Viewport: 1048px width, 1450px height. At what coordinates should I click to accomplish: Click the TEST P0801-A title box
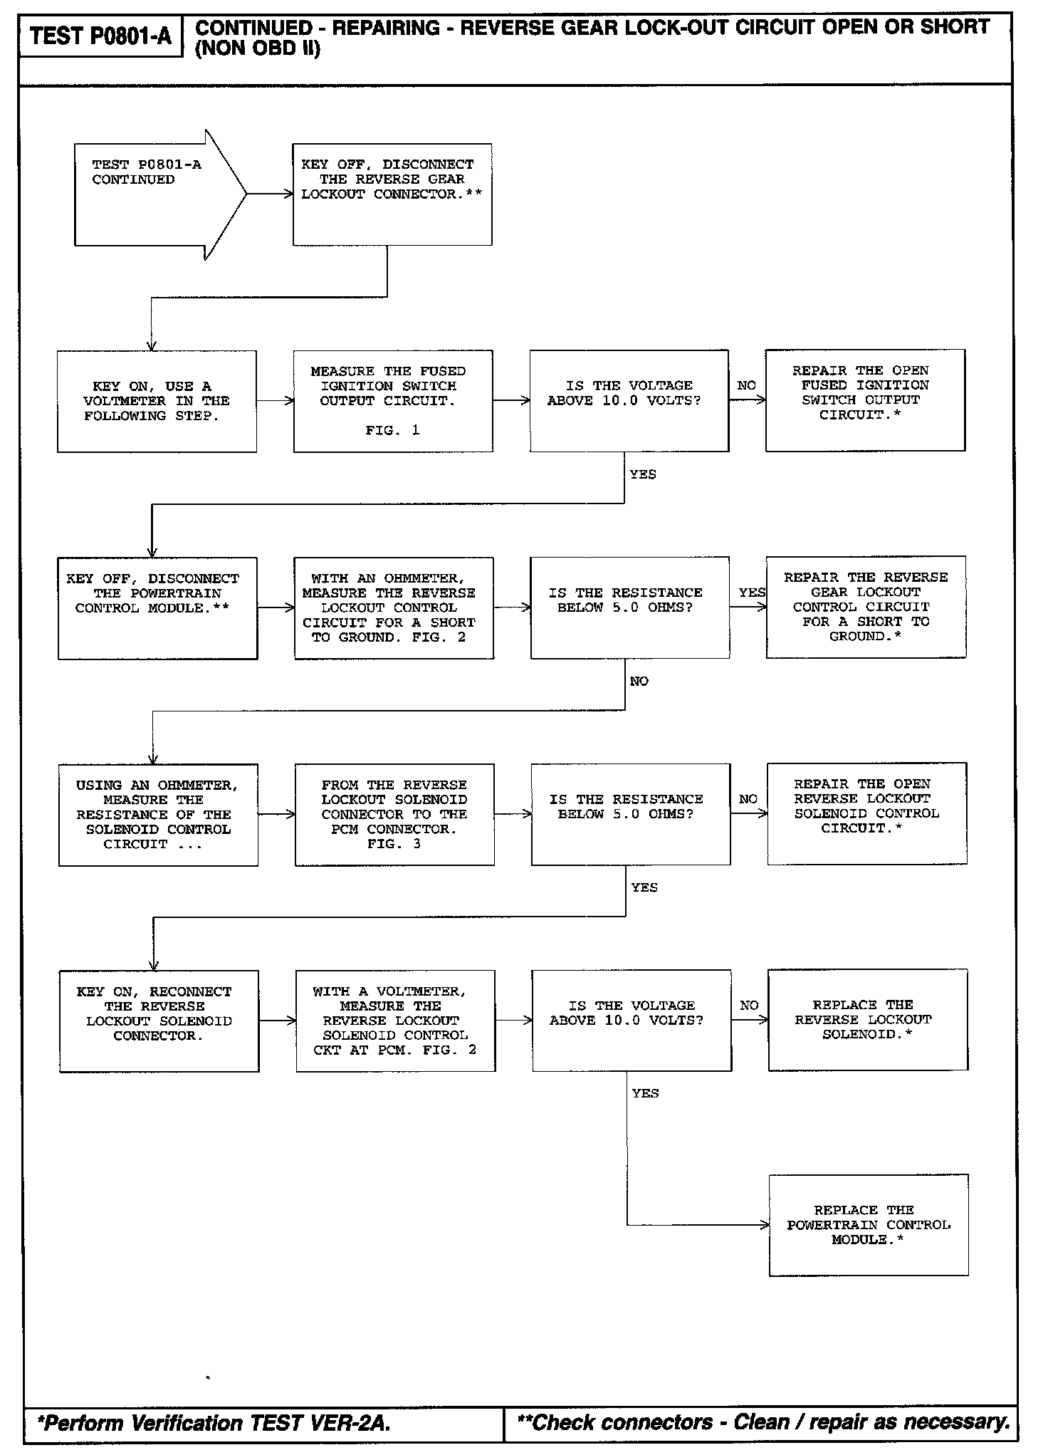100,36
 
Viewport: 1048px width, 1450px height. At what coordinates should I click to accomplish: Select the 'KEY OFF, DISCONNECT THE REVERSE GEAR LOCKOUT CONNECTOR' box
392,194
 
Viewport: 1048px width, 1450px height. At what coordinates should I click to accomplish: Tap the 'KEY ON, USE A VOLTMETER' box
157,401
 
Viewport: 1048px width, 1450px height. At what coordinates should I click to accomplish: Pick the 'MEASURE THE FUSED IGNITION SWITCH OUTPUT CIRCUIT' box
393,401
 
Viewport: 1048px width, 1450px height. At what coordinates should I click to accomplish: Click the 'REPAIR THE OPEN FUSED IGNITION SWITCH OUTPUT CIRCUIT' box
865,400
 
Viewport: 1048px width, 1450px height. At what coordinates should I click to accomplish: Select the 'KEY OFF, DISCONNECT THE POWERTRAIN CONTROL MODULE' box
157,608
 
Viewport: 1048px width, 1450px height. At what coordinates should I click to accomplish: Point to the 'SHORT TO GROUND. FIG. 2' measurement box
394,608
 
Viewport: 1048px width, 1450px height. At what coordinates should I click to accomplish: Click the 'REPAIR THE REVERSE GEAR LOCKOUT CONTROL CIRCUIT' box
866,607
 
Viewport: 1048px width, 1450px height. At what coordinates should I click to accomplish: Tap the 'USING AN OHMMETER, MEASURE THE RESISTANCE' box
158,815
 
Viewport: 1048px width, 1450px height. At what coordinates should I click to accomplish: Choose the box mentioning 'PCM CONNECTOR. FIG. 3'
394,815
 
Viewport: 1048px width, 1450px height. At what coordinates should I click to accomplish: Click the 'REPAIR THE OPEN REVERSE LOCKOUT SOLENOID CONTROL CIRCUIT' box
866,813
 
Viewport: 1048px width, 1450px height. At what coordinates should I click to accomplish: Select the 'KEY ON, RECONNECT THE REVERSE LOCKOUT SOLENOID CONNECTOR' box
159,1021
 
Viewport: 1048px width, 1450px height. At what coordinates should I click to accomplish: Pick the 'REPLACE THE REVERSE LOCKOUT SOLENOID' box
867,1020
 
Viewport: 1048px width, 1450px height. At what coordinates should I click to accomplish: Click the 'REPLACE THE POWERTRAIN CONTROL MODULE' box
869,1225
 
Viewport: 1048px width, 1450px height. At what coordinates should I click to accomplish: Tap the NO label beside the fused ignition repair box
746,385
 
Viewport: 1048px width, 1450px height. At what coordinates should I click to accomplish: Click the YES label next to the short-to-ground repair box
752,593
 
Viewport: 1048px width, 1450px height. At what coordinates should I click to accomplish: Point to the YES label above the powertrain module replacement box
645,1093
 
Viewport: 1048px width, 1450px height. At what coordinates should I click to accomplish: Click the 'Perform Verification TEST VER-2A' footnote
214,1423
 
